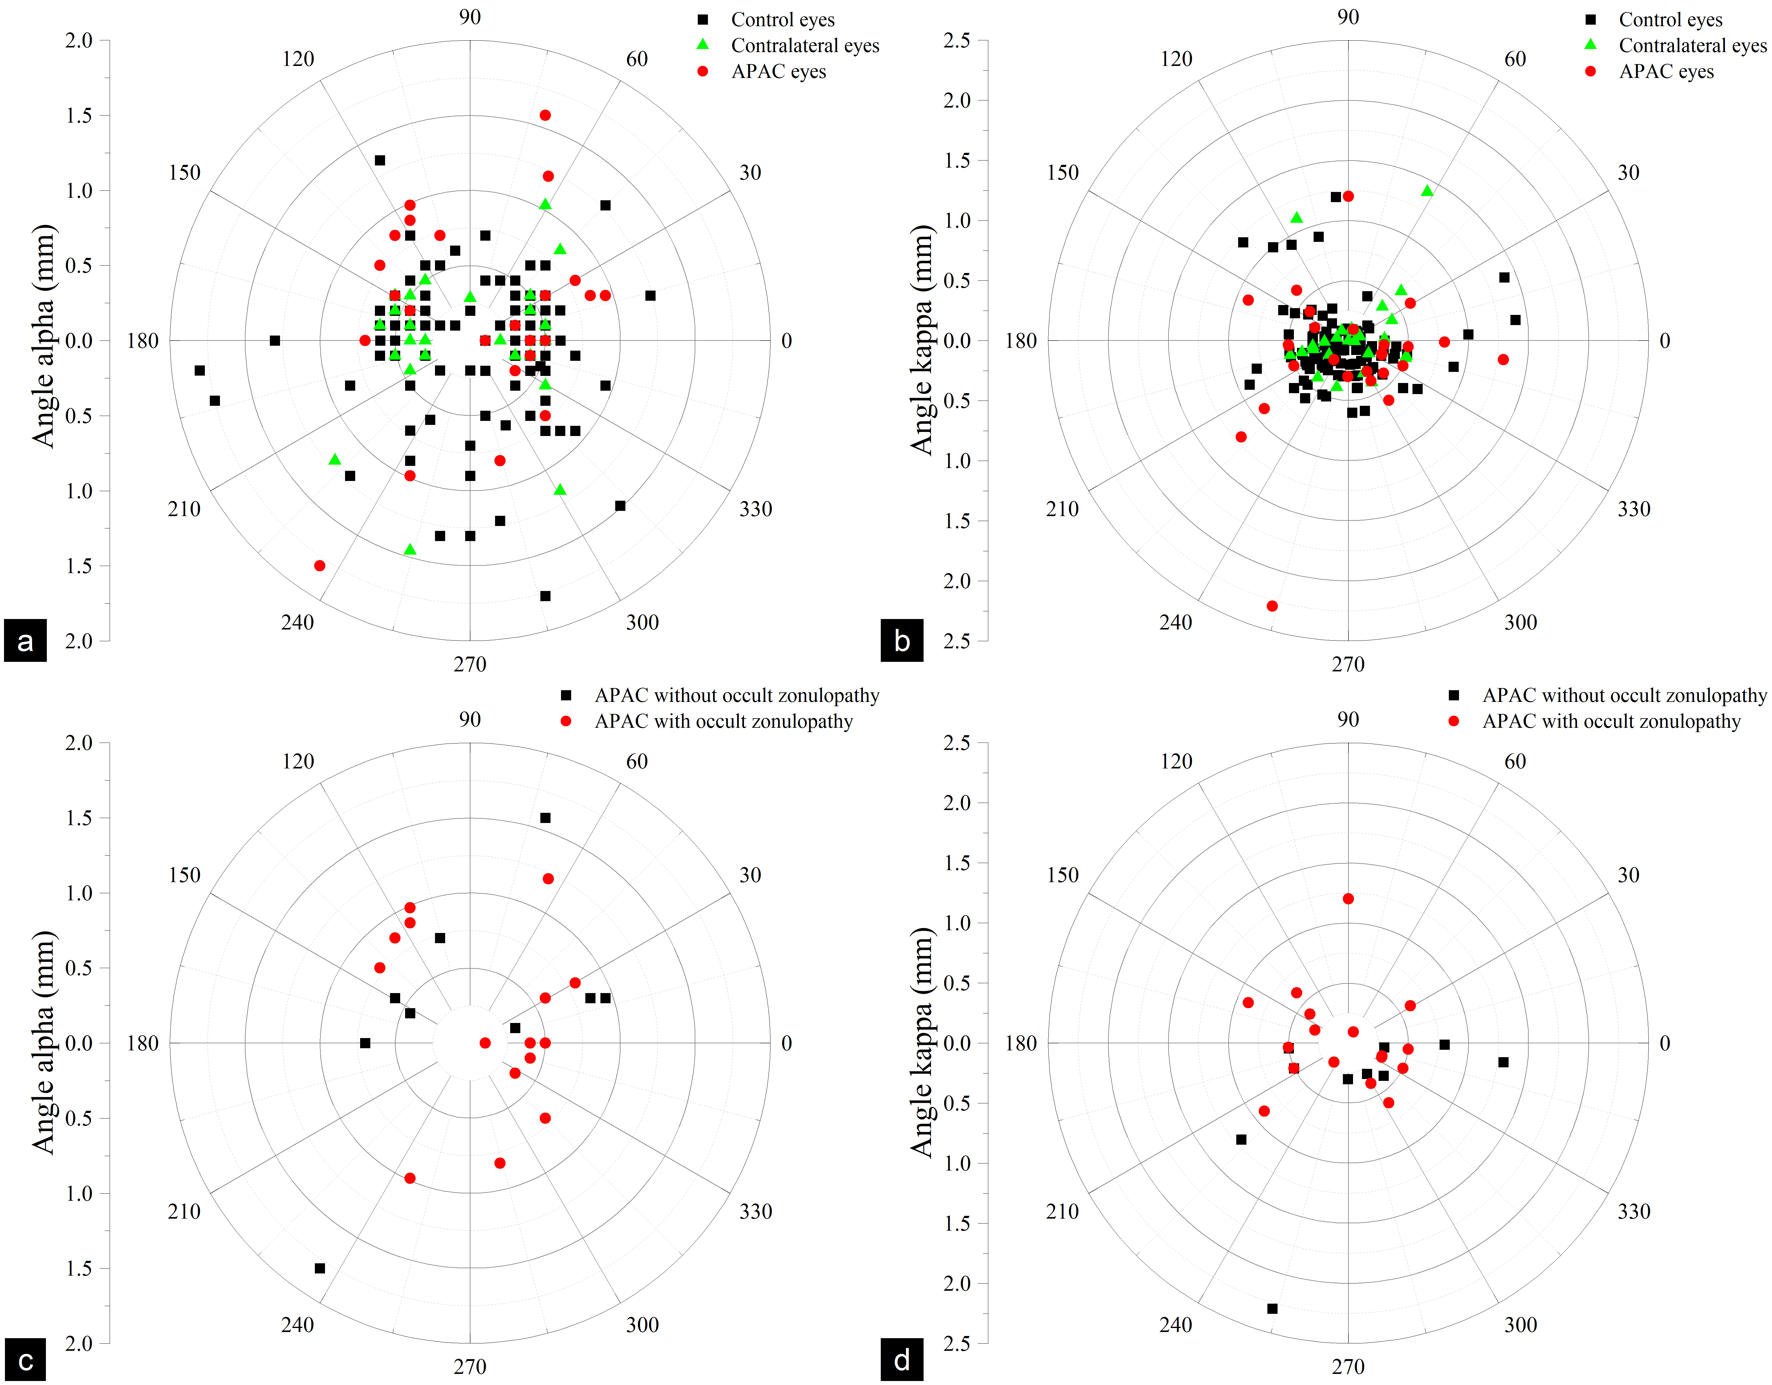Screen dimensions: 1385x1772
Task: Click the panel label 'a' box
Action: click(25, 641)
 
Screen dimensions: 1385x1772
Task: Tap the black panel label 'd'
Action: click(901, 1360)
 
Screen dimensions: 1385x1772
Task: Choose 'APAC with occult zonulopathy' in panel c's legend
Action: click(723, 721)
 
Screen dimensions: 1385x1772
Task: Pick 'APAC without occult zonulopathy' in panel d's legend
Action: click(1624, 695)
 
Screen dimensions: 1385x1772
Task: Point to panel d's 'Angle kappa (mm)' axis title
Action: click(922, 1043)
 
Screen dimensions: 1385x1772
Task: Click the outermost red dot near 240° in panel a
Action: click(320, 565)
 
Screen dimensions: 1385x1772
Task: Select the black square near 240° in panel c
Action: click(320, 1268)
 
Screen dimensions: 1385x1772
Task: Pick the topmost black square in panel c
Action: click(545, 818)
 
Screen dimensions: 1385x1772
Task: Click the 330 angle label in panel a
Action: click(755, 509)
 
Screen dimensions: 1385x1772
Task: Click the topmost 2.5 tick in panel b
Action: click(957, 41)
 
